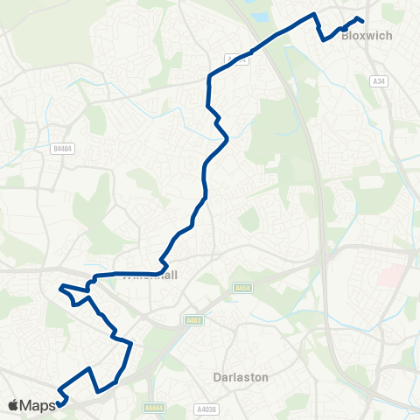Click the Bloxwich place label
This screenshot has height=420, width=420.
[x=366, y=36]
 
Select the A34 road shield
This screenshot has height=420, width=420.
[x=378, y=81]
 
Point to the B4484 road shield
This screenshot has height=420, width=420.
[x=62, y=150]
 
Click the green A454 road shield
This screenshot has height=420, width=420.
[x=243, y=287]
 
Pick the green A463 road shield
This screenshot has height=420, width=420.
[x=192, y=320]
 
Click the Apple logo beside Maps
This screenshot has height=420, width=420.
[x=13, y=405]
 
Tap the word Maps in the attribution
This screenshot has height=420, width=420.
[x=38, y=405]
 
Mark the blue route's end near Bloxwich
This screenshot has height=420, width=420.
[x=361, y=21]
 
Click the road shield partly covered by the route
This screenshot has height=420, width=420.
[x=236, y=59]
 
